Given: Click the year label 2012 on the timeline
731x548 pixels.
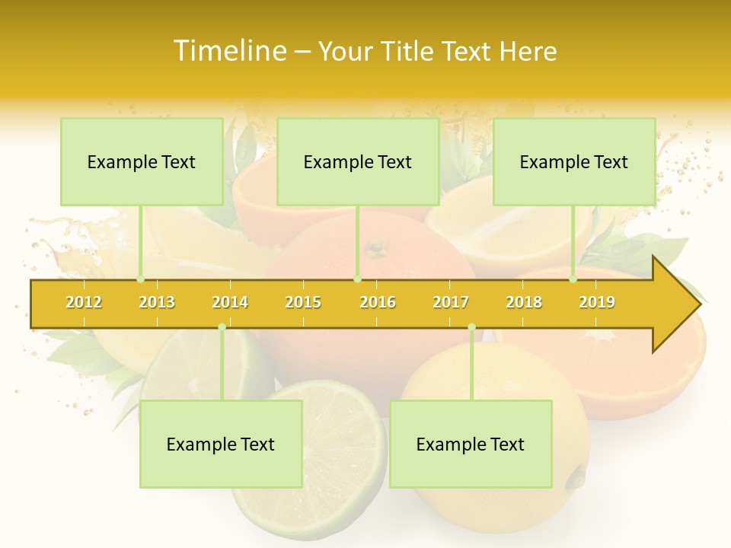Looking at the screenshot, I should point(84,302).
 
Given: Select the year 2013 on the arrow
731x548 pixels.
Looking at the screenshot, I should point(157,302).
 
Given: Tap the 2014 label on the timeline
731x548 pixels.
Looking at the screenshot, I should point(230,302).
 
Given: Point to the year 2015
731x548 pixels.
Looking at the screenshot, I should point(303,302).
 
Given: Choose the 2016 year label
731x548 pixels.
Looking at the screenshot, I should point(378,302).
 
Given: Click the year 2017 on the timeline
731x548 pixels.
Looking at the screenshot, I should point(451,302).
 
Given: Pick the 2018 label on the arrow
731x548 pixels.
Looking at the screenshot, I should point(524,302).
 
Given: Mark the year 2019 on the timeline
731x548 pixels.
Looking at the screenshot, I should point(597,302).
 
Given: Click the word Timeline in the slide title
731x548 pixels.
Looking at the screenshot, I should point(228,51).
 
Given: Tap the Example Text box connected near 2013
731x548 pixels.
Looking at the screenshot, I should point(142,161).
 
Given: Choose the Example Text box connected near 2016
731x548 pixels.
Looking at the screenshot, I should point(358,161).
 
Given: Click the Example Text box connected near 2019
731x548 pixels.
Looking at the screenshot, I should point(574,161).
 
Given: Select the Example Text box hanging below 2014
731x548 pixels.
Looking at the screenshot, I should point(221,444).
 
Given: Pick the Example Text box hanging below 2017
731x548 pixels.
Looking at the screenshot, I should point(471,444).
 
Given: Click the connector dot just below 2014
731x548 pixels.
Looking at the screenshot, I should point(222,327).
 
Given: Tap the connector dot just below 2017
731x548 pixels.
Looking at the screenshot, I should point(471,327).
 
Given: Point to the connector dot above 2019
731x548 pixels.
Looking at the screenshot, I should point(573,279).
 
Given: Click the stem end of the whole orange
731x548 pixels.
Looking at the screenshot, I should point(375,248).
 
